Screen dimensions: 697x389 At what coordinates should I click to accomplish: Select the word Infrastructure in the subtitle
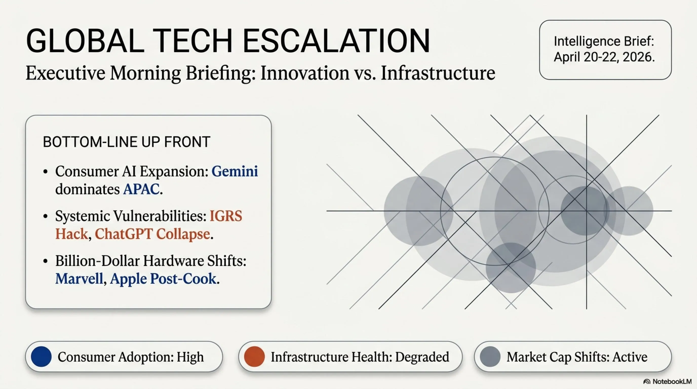[438, 73]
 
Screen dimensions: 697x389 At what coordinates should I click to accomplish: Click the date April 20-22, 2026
[604, 57]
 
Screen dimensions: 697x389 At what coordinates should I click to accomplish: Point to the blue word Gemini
[235, 171]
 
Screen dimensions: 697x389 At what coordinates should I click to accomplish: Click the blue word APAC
[141, 189]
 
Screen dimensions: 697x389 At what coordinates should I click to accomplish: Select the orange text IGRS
[226, 216]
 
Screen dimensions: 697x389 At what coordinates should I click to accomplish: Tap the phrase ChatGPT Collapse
[152, 234]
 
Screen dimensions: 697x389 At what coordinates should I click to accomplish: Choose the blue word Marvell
[79, 279]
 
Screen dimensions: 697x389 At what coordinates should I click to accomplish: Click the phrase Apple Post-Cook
[163, 279]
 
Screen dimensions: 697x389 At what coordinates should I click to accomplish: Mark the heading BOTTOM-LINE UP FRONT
[127, 142]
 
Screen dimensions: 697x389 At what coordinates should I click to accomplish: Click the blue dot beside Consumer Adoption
[41, 357]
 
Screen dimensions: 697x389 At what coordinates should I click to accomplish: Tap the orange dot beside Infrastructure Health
[254, 357]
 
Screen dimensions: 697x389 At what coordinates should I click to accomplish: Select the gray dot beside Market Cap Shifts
[490, 357]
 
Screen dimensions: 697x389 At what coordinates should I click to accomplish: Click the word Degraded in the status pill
[422, 357]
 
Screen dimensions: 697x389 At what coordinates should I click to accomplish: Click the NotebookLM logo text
[672, 381]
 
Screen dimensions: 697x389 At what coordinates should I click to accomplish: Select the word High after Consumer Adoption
[190, 357]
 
